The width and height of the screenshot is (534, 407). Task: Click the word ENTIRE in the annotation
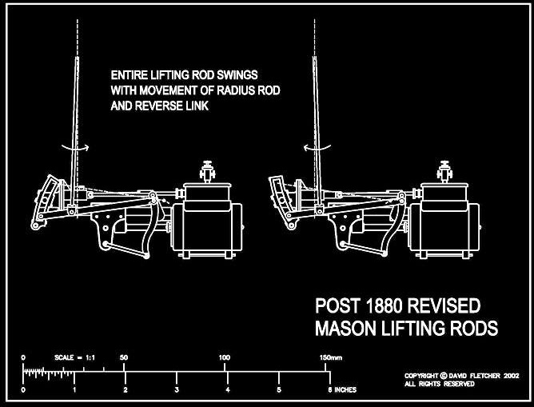click(x=128, y=75)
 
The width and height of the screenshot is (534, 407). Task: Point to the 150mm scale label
click(x=329, y=357)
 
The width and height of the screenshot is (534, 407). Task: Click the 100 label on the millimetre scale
click(x=224, y=357)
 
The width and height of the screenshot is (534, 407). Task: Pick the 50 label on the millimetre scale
click(x=124, y=357)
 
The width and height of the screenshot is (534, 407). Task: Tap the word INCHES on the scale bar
click(x=345, y=389)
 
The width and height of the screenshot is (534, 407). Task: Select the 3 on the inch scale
click(x=177, y=389)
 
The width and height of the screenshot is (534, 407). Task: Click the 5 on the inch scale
click(x=279, y=389)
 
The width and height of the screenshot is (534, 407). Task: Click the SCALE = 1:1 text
click(x=74, y=357)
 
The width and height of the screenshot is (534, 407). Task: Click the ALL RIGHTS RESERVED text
click(x=439, y=384)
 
